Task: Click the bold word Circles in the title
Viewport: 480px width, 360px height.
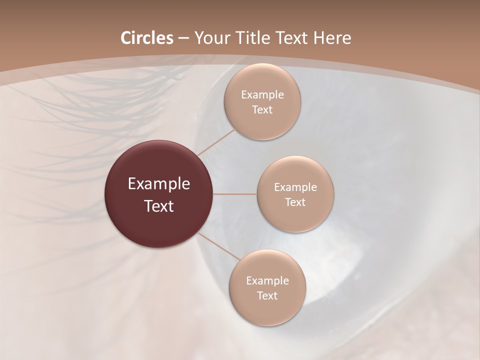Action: (147, 38)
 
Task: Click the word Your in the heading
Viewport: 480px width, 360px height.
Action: (210, 38)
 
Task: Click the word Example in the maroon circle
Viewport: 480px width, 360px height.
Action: (159, 184)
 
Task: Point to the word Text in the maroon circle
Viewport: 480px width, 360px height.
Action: (159, 206)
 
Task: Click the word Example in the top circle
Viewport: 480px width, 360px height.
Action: (262, 95)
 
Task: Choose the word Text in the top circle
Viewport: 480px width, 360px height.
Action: (262, 110)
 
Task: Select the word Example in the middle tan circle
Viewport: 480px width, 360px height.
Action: (295, 187)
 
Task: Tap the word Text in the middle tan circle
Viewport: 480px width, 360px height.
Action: (295, 202)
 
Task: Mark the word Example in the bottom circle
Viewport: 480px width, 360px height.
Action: (267, 281)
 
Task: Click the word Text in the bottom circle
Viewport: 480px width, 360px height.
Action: (267, 296)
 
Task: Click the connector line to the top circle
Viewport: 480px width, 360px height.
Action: (216, 142)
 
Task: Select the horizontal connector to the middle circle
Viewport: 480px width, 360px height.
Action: (235, 194)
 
